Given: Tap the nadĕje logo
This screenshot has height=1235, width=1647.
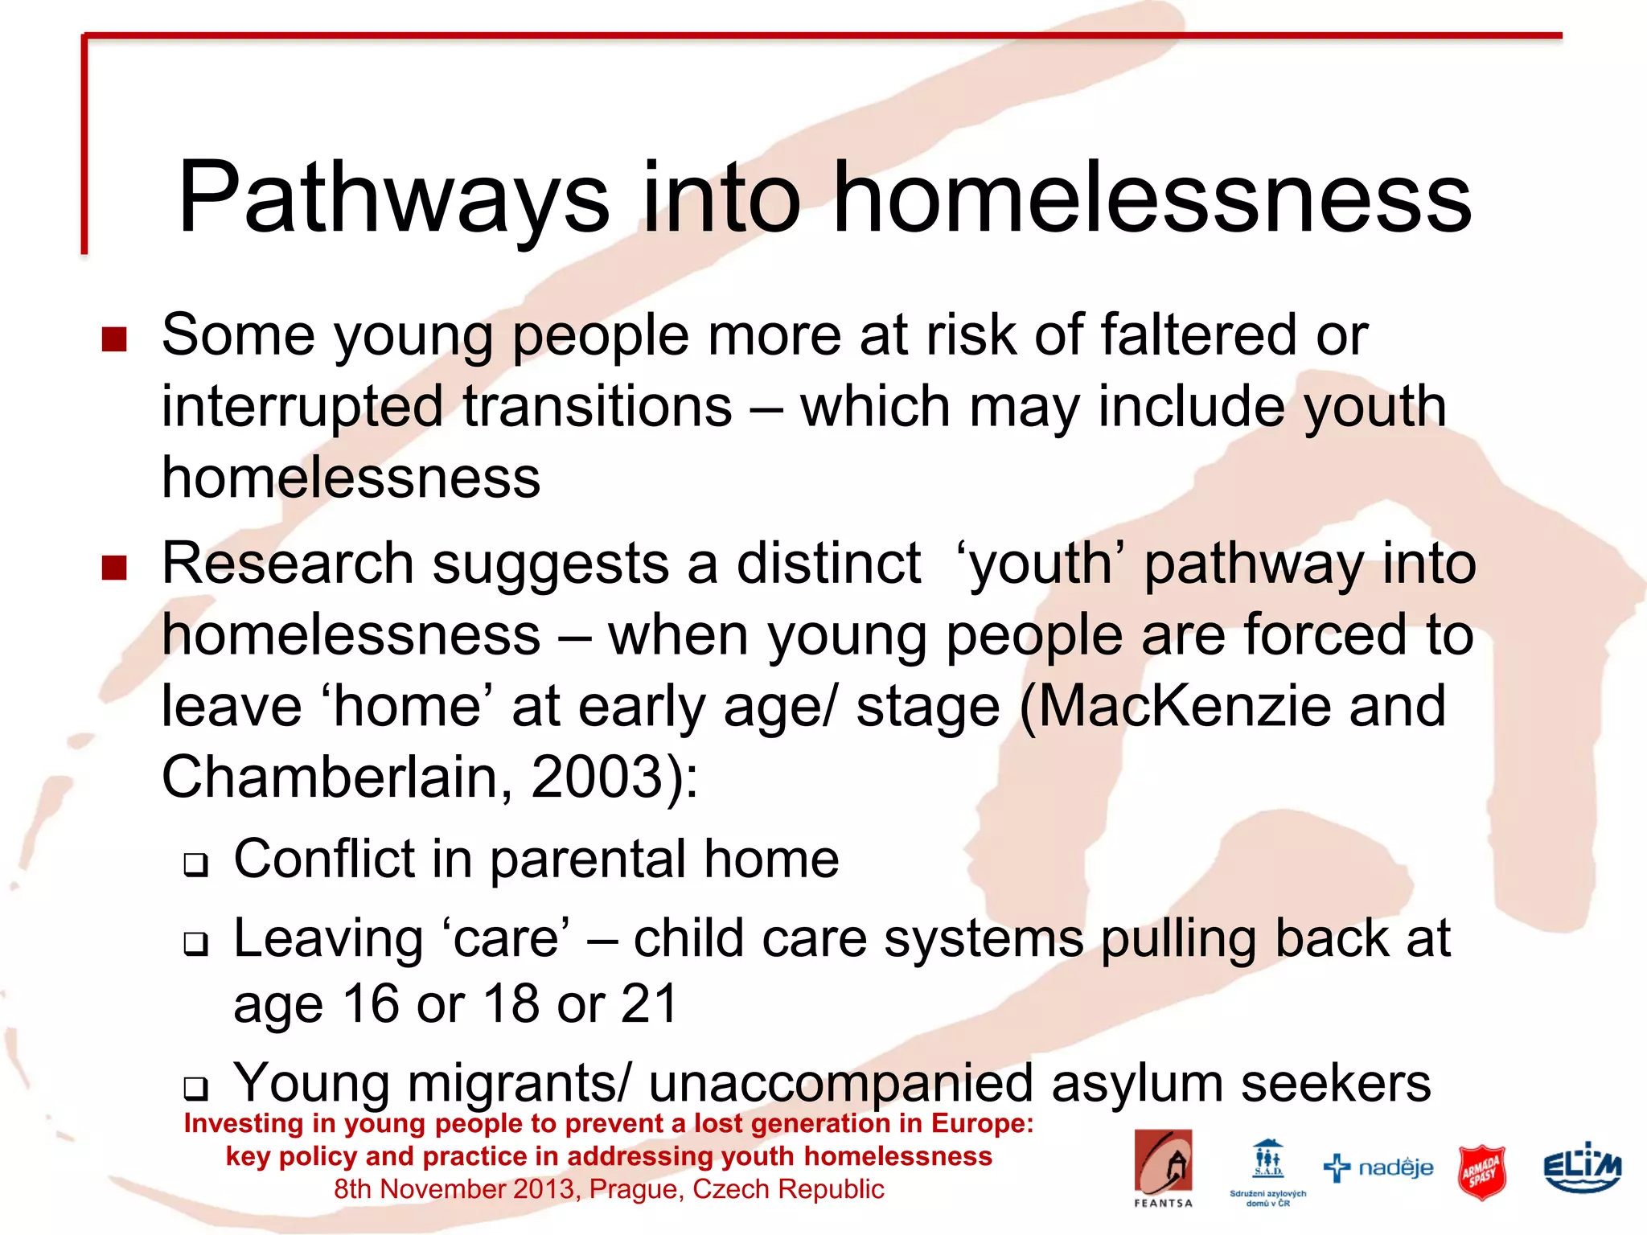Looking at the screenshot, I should [x=1378, y=1167].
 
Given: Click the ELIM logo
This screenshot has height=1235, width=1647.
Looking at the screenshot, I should [x=1582, y=1167].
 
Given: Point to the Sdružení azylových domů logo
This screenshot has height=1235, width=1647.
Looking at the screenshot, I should [x=1268, y=1171].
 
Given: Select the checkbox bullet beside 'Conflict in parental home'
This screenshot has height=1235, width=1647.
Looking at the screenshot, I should [x=195, y=865].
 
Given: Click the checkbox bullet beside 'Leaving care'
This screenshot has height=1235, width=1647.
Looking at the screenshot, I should [x=195, y=944].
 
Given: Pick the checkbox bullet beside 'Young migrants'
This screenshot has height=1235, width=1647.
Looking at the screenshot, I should [x=195, y=1089].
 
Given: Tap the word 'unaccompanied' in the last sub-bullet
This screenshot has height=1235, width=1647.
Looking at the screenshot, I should [x=840, y=1083].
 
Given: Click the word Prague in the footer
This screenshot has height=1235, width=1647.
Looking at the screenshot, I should [x=635, y=1189].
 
